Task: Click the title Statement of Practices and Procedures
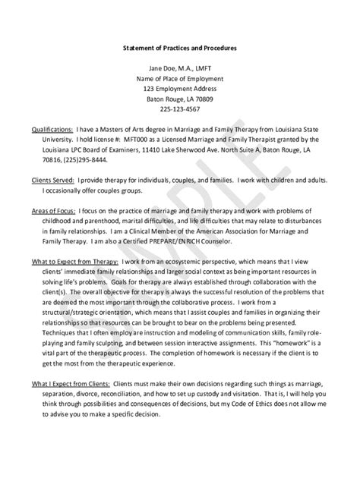(x=180, y=48)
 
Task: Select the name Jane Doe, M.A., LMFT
(x=180, y=68)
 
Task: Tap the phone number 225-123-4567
(x=180, y=108)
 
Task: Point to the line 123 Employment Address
(x=180, y=88)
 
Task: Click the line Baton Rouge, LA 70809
(x=180, y=98)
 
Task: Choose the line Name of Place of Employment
(x=180, y=77)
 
